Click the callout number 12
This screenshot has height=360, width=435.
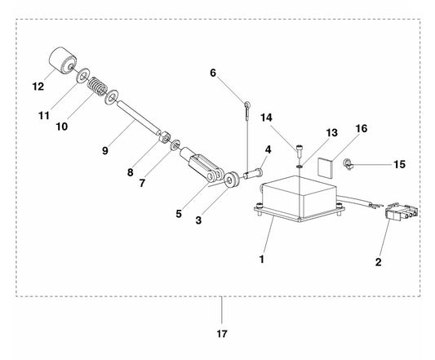[38, 87]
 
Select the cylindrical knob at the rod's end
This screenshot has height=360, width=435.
[63, 60]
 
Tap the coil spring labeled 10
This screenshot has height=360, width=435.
[97, 86]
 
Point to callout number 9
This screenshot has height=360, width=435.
[105, 151]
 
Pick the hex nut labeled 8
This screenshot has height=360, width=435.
[165, 137]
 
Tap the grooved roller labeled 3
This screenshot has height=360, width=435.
[231, 180]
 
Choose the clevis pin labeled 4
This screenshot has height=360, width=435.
[252, 173]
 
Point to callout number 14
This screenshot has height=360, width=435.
[266, 118]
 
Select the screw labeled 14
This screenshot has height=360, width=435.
[299, 151]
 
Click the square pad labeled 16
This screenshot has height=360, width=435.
[325, 168]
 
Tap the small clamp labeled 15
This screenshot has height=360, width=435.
[348, 164]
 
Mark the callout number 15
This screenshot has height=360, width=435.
[399, 164]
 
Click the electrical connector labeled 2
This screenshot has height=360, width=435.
[402, 212]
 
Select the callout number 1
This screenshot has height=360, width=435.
[262, 260]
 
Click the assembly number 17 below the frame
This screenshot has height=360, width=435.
[222, 334]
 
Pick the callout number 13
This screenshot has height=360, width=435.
[332, 133]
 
